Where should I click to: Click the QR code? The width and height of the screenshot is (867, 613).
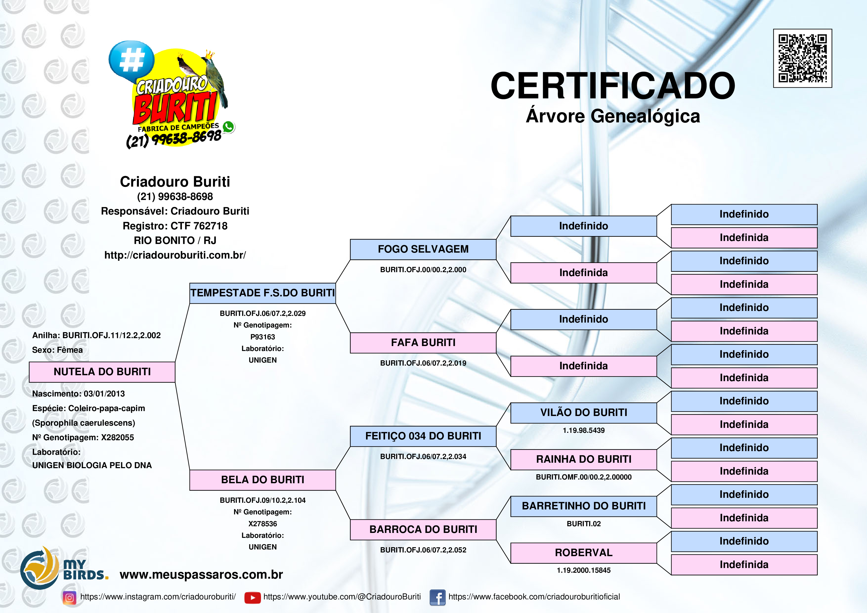802,58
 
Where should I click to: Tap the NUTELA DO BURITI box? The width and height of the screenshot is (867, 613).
102,372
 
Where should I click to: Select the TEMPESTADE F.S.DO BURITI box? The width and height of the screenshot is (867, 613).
262,293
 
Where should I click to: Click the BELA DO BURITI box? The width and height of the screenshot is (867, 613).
262,480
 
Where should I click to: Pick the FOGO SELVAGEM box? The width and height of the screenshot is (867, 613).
423,249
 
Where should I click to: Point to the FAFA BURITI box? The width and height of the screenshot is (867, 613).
423,343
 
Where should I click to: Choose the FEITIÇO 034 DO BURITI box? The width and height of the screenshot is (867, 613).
423,436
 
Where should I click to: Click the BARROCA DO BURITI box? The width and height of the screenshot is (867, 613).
423,529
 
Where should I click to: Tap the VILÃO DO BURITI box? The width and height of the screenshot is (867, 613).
584,413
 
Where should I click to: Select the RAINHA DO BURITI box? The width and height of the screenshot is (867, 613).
584,459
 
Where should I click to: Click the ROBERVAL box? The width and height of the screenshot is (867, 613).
584,553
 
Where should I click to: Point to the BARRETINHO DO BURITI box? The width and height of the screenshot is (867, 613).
584,506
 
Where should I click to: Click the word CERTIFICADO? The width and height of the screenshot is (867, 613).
612,86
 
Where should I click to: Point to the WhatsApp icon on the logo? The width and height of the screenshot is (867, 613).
228,127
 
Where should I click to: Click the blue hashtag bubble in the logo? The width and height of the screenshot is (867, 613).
131,60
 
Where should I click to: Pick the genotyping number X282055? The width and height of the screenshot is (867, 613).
117,437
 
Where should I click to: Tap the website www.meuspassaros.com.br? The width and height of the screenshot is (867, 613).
201,574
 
